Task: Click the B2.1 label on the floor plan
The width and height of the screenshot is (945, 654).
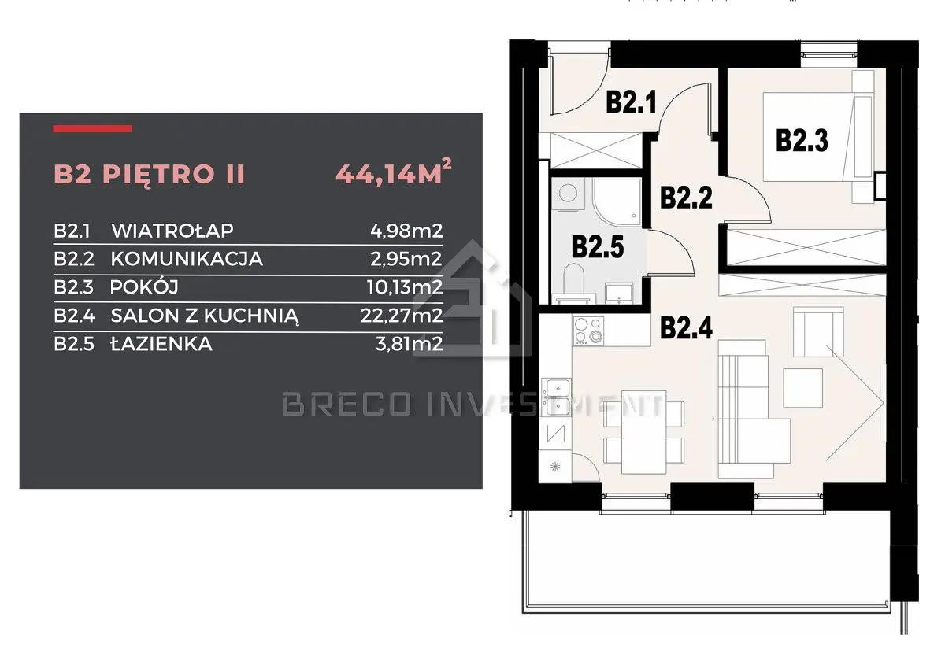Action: click(631, 102)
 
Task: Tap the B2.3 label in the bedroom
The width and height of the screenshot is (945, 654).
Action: click(802, 140)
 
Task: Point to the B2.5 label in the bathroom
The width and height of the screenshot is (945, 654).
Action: click(598, 247)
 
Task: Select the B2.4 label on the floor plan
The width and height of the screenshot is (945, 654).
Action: click(687, 327)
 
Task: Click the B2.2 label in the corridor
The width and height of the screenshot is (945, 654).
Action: click(687, 198)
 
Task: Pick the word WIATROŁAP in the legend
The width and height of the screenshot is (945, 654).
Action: click(172, 231)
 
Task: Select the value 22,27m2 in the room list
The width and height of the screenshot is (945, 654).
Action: click(402, 316)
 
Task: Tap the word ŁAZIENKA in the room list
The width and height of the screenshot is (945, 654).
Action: click(161, 344)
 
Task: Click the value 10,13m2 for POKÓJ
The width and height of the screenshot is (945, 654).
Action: click(405, 287)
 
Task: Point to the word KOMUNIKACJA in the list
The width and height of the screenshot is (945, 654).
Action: click(187, 259)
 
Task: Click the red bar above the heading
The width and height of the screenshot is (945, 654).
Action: click(92, 128)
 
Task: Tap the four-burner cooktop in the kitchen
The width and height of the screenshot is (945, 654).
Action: click(588, 331)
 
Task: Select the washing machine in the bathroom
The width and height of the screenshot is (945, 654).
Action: click(569, 194)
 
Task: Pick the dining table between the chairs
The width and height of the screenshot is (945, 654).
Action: click(644, 432)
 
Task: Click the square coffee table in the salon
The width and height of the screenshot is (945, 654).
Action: click(802, 388)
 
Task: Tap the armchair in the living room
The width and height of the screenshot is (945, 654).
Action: click(818, 332)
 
